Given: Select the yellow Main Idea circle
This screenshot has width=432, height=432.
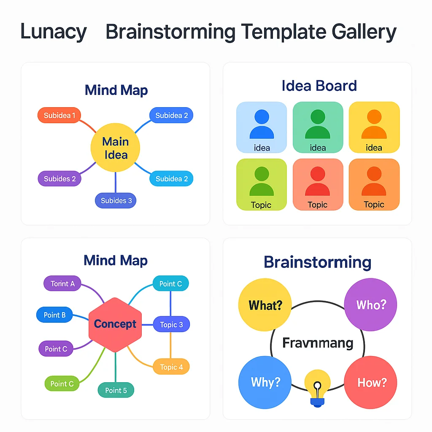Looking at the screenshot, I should [x=115, y=148].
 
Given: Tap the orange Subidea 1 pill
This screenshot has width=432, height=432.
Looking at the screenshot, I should [x=59, y=115].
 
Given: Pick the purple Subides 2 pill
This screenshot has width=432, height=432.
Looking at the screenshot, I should [x=59, y=178].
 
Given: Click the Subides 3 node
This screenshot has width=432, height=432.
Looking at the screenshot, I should [x=116, y=200].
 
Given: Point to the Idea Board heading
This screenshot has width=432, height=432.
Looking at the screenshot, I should [x=319, y=86].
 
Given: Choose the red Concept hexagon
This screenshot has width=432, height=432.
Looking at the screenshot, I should [x=115, y=324].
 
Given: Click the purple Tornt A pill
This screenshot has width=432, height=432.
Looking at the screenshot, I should [x=62, y=283].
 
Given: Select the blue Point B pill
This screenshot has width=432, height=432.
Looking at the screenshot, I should [x=54, y=315].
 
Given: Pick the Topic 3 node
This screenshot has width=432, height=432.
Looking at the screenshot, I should [x=171, y=324].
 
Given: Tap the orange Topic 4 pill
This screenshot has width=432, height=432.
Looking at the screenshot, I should [x=171, y=367].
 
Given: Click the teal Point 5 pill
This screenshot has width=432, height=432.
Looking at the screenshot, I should [x=116, y=390].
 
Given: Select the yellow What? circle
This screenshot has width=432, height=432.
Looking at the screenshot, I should [x=265, y=305].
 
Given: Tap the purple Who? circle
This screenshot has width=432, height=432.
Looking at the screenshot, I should [x=370, y=305].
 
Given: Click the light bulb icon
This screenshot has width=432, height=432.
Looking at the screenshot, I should [x=317, y=388].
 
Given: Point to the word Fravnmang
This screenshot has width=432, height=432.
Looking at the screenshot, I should [x=317, y=343].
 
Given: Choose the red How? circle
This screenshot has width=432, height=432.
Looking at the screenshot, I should [x=370, y=382].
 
